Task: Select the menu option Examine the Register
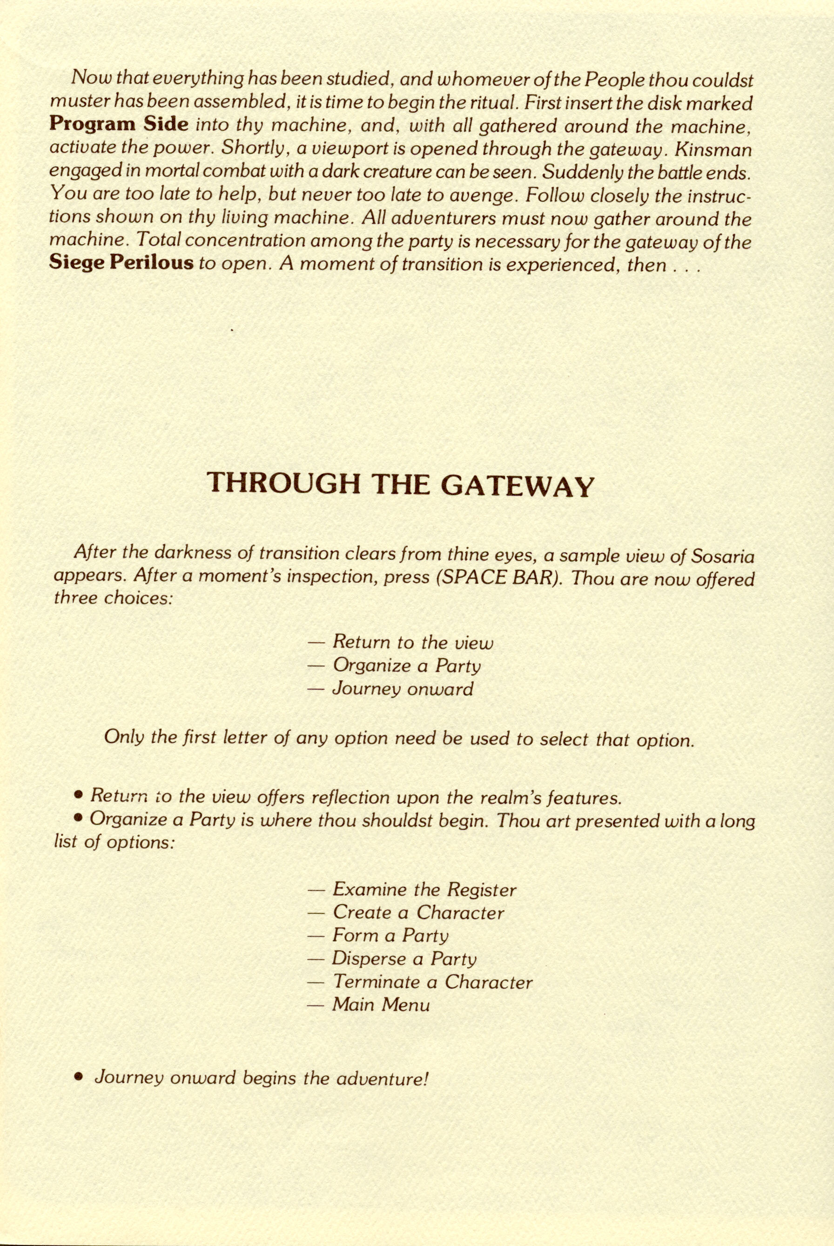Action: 424,889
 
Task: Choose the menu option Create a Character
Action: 418,913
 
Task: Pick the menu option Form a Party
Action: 390,936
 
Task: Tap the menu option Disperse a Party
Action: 404,959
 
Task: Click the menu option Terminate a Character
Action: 432,982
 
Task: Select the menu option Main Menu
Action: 381,1005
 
